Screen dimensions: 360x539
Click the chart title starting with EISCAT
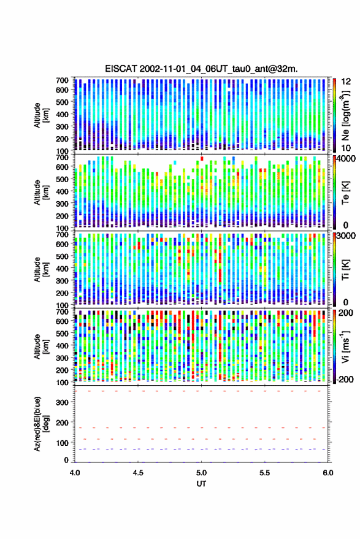201,69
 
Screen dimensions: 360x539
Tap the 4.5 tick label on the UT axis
138,473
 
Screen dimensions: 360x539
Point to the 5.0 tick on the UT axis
201,473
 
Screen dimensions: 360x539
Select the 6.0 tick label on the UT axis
327,473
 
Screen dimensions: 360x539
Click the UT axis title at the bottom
201,484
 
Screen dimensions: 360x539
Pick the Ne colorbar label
345,115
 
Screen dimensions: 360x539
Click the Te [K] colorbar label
345,192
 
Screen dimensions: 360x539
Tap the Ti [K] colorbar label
345,269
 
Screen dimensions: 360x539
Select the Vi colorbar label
345,346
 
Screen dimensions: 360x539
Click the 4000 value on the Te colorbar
346,158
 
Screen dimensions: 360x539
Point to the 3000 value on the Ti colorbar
346,235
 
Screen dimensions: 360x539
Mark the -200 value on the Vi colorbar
344,379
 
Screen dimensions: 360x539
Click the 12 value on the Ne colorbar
346,81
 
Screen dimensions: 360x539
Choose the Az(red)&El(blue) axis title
41,424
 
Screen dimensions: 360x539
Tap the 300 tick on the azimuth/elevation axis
63,402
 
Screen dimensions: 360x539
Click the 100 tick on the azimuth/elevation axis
63,443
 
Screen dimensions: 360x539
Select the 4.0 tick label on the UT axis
75,473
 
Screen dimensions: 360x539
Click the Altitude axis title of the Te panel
41,192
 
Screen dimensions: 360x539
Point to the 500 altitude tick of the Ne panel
62,102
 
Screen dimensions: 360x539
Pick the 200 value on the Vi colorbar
345,313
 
